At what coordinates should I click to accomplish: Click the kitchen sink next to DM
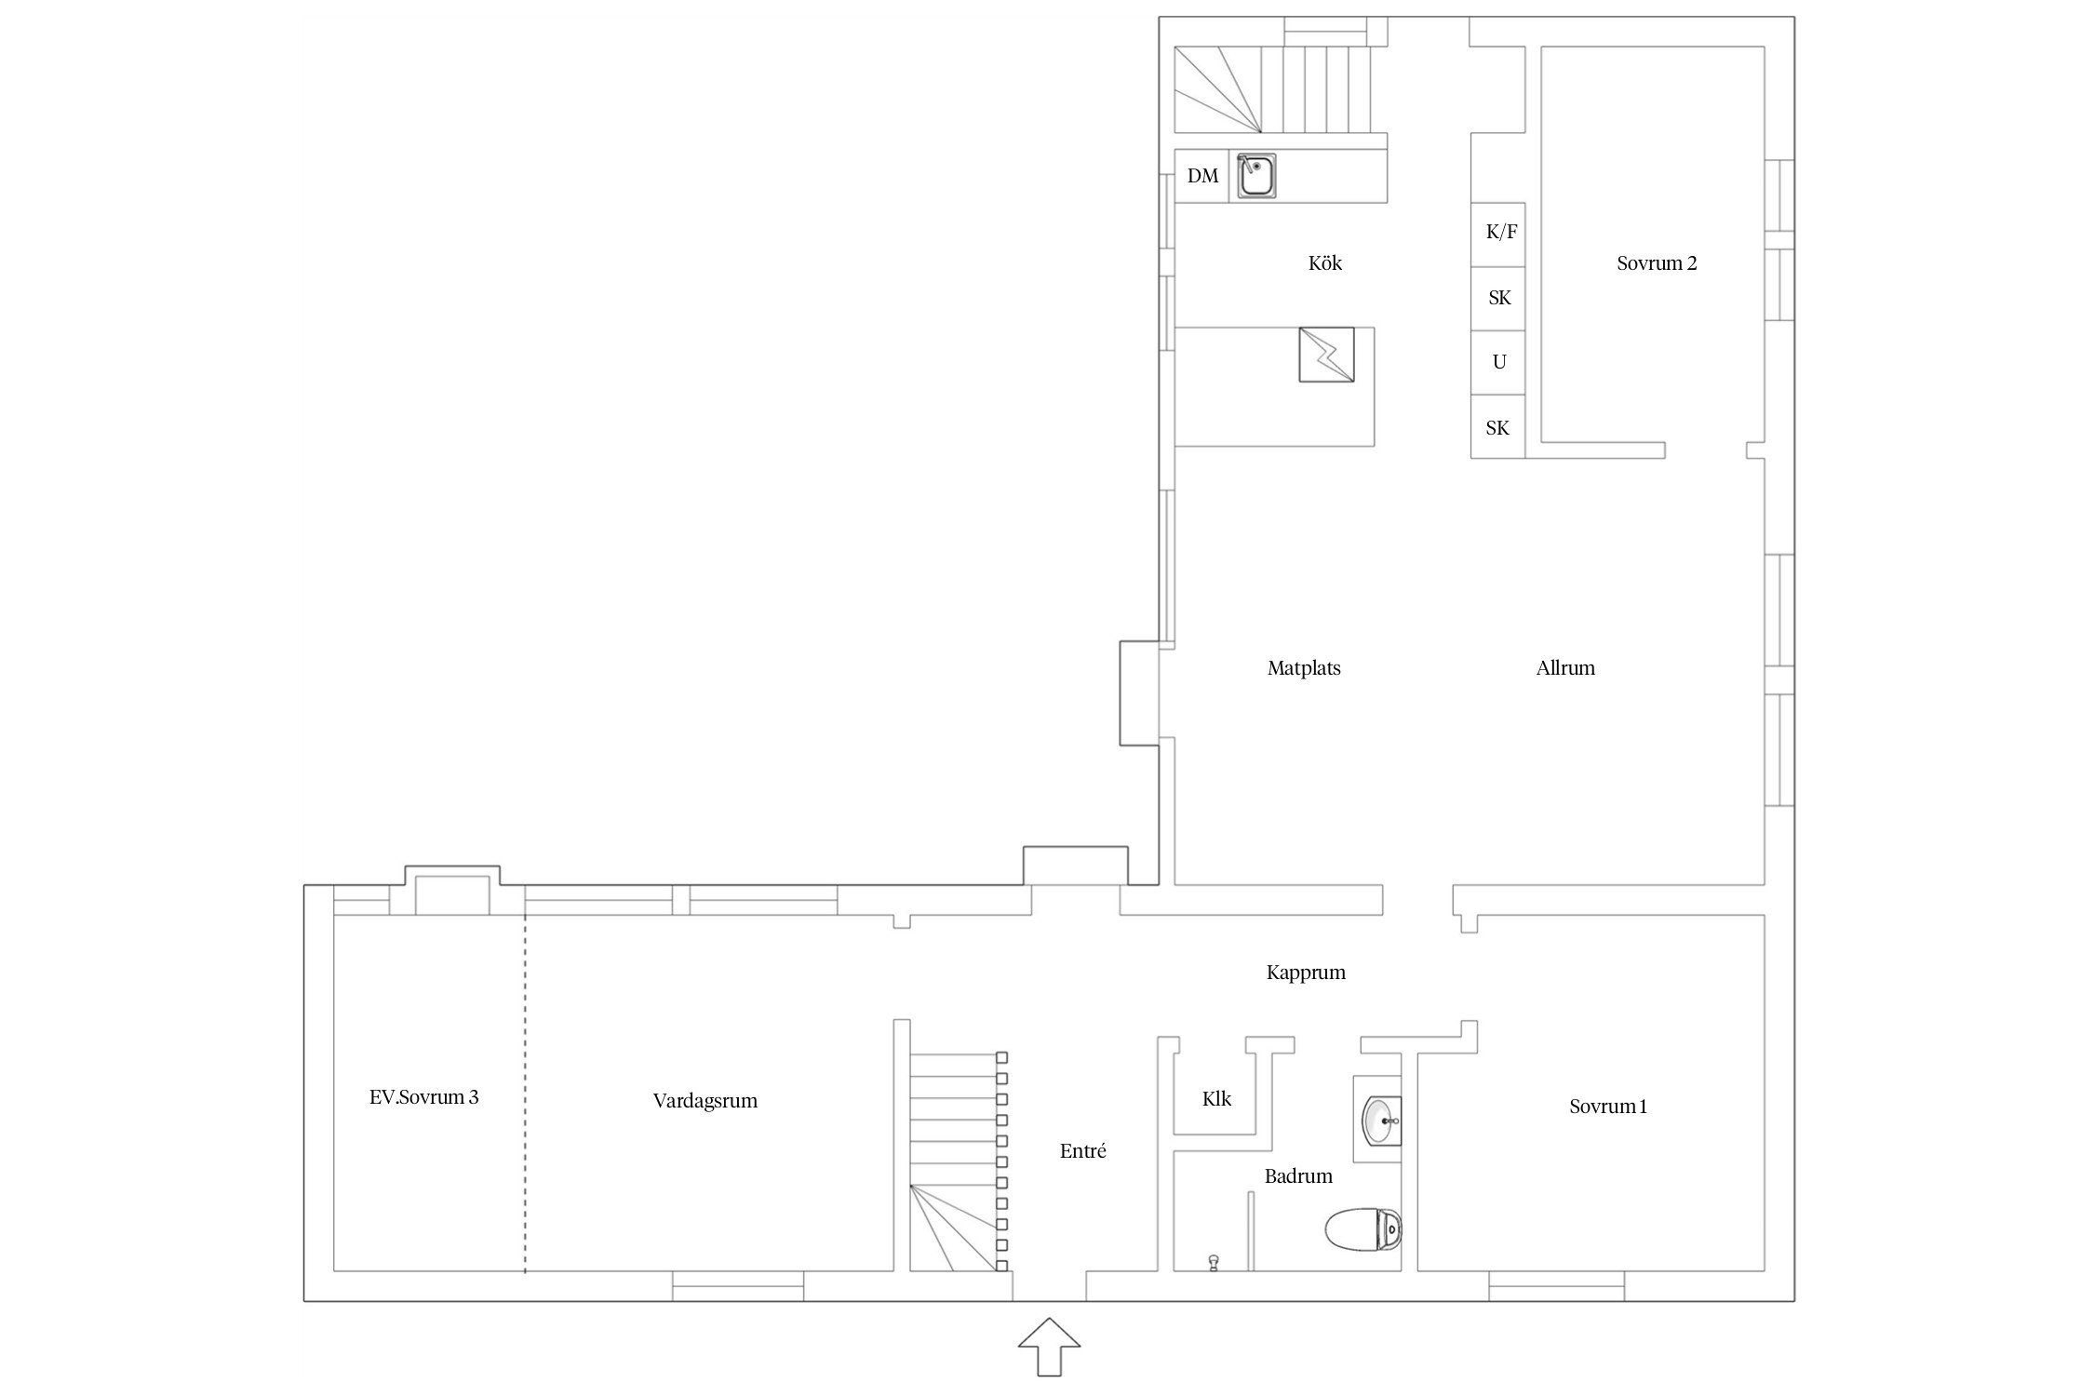1256,177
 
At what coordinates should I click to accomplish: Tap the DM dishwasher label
1202,176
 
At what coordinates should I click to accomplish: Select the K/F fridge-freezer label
1501,232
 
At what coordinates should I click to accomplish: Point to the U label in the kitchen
1499,362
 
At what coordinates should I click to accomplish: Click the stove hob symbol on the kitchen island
1326,354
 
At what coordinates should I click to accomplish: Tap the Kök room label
1325,263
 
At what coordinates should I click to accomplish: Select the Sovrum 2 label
1657,263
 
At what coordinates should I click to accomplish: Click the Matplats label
1304,668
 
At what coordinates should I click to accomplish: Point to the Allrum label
1565,668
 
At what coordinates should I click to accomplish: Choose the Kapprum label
1306,973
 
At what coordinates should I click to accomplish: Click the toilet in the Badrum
1363,1230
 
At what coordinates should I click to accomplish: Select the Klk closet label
1216,1099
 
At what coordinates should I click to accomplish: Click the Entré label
1083,1151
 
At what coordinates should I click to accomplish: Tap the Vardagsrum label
705,1101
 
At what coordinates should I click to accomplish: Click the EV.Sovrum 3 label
424,1097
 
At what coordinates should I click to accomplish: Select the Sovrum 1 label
1608,1107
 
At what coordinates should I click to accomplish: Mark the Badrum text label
1298,1176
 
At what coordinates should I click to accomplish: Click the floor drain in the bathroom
1214,1262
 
